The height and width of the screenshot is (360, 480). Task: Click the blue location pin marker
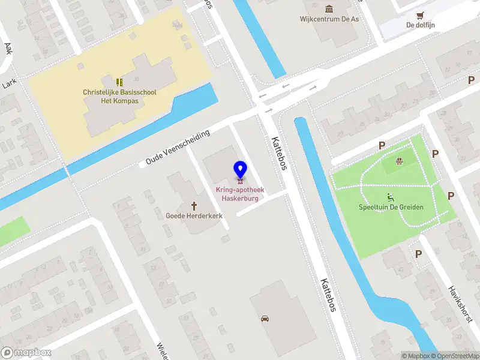click(240, 170)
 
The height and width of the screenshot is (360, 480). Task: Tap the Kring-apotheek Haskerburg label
click(240, 194)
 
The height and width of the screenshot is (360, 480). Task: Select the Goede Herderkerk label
click(195, 215)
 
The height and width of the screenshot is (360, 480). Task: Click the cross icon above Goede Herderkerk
click(195, 205)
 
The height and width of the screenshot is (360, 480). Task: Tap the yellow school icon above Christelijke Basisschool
click(119, 82)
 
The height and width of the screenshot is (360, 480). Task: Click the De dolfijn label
click(419, 25)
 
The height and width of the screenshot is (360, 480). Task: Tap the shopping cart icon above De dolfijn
click(420, 16)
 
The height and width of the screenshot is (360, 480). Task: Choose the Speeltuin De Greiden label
click(391, 207)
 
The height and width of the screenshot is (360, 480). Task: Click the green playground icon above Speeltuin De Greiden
click(391, 196)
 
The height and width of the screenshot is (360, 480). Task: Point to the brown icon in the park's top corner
click(399, 160)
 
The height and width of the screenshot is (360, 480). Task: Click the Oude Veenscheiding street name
click(178, 147)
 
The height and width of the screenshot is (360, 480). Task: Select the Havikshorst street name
click(460, 303)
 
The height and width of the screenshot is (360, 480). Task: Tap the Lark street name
click(8, 84)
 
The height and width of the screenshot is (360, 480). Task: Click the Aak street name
click(8, 48)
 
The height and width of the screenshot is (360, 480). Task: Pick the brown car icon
click(265, 318)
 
